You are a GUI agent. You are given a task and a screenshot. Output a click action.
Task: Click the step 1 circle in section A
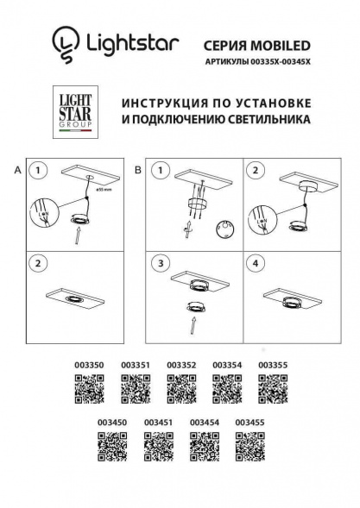pos(39,171)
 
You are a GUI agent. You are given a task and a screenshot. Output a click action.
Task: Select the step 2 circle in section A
pos(39,262)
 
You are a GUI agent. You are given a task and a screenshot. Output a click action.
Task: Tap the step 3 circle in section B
pos(161,262)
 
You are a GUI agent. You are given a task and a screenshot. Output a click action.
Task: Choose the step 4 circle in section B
pos(256,262)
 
